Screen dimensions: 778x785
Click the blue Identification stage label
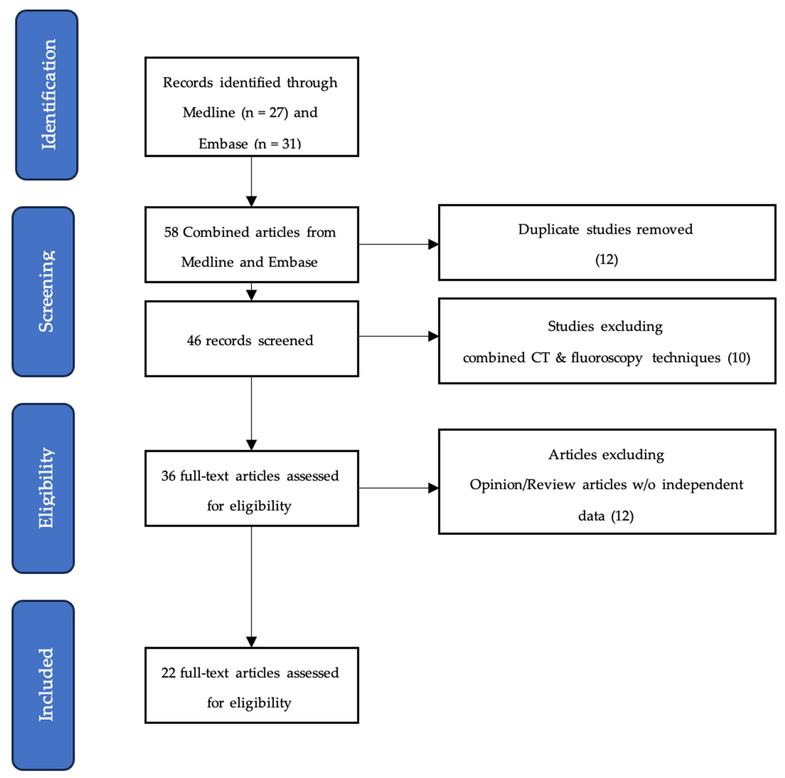47,95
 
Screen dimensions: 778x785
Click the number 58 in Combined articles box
171,232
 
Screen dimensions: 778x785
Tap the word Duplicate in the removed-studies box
548,229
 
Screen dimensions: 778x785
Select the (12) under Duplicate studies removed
606,259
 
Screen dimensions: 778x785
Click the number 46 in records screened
194,340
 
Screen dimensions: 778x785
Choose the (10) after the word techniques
739,358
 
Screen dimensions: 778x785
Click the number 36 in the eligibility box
168,476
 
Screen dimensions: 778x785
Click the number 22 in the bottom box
168,673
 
